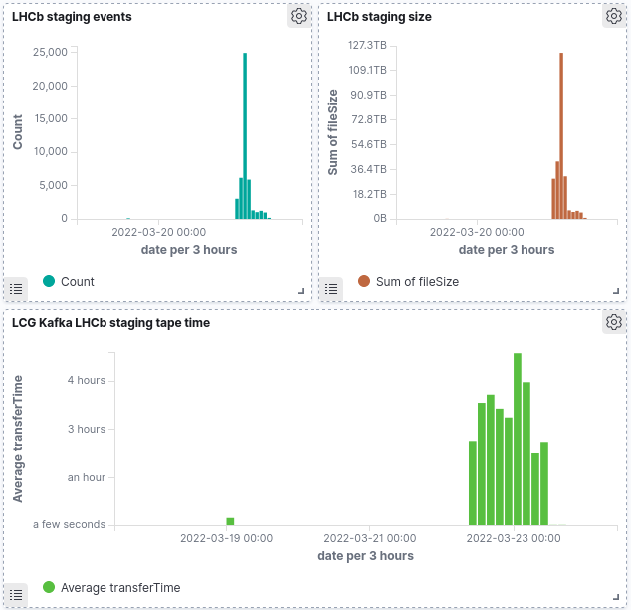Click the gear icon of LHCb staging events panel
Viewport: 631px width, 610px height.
pos(299,16)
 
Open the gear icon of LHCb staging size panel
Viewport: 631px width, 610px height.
pos(614,16)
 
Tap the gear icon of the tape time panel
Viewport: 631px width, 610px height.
pos(614,322)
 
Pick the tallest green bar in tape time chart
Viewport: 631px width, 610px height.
pos(518,438)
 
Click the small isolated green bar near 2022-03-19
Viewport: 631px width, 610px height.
pos(230,520)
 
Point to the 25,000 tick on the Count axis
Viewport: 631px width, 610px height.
pos(50,52)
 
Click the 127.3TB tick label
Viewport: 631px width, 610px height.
pos(367,45)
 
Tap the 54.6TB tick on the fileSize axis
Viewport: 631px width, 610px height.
pos(367,144)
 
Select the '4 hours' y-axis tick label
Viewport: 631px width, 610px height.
pos(86,380)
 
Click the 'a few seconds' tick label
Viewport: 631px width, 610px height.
pos(69,524)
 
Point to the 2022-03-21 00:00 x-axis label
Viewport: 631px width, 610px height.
pos(369,538)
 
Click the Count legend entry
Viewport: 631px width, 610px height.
pos(77,282)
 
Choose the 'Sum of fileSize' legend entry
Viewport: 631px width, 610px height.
pos(417,282)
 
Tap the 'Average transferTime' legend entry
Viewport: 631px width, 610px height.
pos(119,588)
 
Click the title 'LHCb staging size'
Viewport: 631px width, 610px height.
pos(379,17)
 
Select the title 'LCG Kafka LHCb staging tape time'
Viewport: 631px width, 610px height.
pos(110,322)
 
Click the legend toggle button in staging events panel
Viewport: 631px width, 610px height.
pos(16,288)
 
